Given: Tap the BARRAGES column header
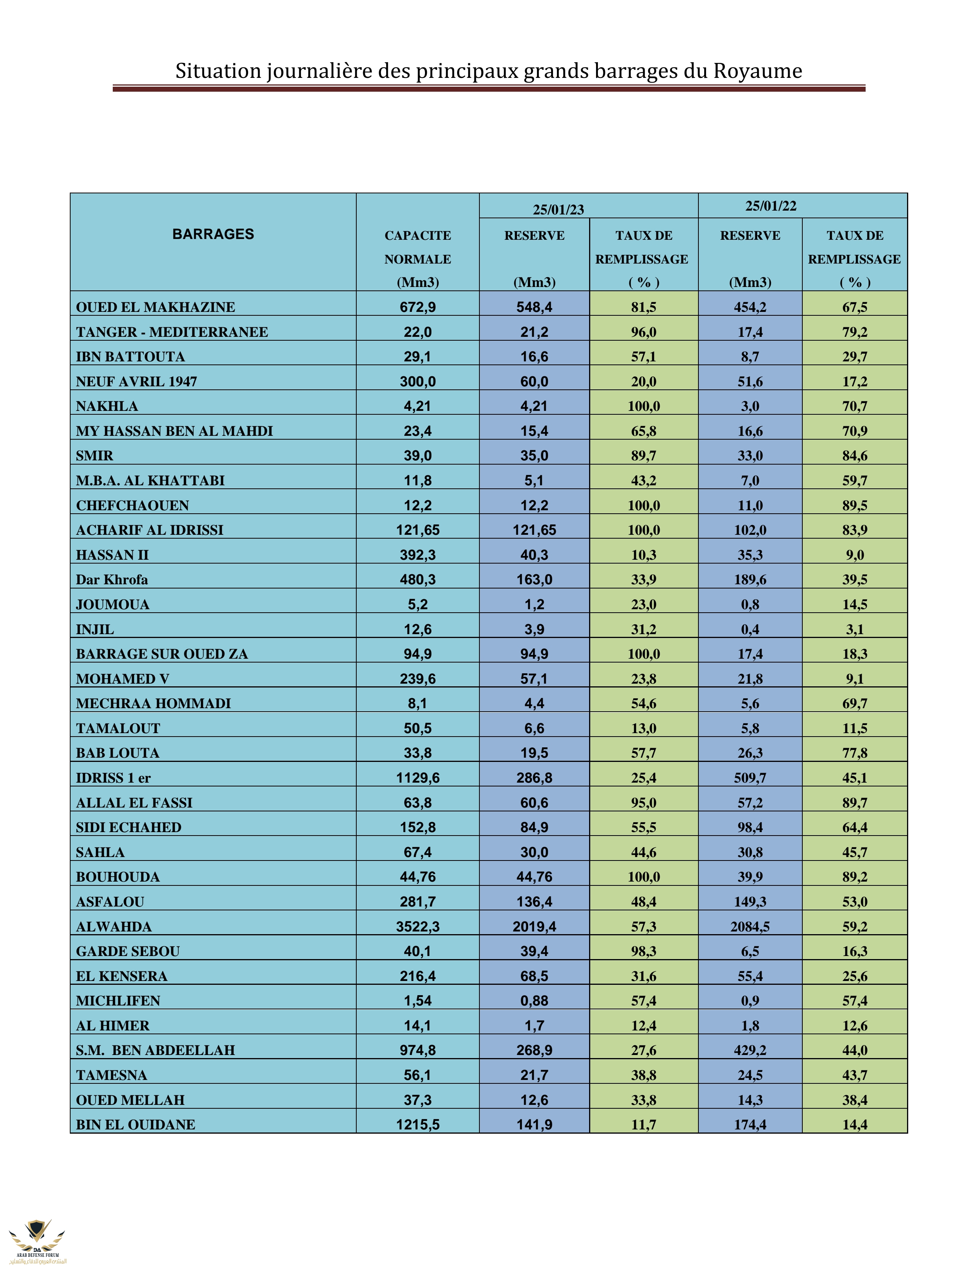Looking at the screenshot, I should pyautogui.click(x=213, y=234).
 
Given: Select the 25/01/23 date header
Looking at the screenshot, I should pyautogui.click(x=558, y=209).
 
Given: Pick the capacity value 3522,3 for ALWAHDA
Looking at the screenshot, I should pyautogui.click(x=418, y=926).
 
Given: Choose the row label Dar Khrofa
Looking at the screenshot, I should pyautogui.click(x=112, y=580).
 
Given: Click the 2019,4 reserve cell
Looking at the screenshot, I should pyautogui.click(x=534, y=926).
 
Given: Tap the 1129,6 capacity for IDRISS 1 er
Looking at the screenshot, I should pyautogui.click(x=418, y=778).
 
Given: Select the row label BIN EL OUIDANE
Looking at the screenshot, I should pyautogui.click(x=135, y=1124).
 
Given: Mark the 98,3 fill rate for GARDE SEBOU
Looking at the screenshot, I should pyautogui.click(x=644, y=951).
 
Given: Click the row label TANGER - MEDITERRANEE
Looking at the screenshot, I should pyautogui.click(x=172, y=332).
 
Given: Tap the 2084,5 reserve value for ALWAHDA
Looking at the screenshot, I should pyautogui.click(x=750, y=926).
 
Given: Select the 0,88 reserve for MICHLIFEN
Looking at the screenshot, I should pyautogui.click(x=534, y=1001).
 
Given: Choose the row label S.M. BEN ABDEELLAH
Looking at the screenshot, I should pyautogui.click(x=155, y=1050).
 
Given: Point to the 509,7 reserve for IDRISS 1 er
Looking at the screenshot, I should pyautogui.click(x=750, y=778).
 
